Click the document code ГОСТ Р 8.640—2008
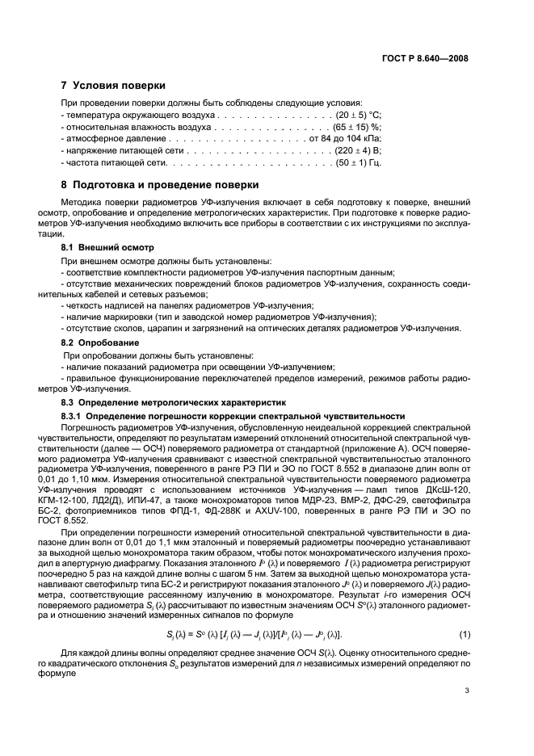(x=425, y=58)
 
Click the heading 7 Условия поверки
(x=113, y=86)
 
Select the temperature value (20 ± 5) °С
(x=352, y=115)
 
